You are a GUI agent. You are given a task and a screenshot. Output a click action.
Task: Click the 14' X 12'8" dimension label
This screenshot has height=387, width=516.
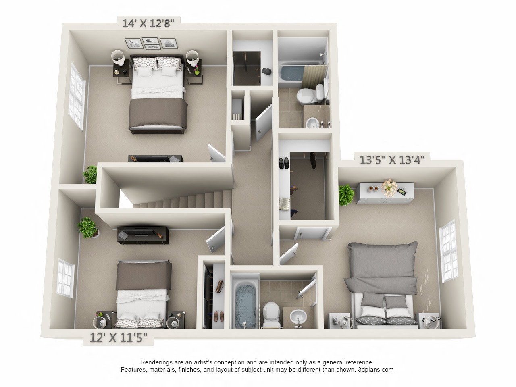[148, 23]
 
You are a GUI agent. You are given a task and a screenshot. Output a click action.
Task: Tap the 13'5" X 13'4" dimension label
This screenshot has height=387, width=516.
[392, 160]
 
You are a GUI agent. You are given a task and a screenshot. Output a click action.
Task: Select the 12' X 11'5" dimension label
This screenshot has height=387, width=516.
[118, 338]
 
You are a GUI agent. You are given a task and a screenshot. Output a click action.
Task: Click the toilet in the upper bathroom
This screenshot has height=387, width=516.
[310, 94]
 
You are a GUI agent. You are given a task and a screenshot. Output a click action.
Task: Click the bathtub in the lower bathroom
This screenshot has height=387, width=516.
[245, 305]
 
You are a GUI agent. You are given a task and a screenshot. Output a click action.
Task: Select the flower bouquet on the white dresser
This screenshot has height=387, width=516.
[389, 187]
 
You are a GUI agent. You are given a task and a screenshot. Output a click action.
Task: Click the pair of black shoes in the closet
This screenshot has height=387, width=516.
[284, 163]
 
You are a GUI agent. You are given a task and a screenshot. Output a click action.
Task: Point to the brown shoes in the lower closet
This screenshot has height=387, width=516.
[219, 316]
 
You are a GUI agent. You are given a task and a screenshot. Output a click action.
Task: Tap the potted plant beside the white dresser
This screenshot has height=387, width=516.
[346, 195]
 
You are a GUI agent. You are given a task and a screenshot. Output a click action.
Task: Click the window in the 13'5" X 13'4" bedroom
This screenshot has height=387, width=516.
[448, 251]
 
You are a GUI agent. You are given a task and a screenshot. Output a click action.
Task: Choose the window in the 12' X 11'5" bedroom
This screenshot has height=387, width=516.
[65, 278]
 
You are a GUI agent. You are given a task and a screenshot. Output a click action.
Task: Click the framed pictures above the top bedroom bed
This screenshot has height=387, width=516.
[151, 44]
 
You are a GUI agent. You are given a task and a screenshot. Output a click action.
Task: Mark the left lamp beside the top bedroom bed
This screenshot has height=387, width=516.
[118, 58]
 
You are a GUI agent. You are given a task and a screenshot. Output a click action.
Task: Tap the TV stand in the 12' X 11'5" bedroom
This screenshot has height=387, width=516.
[143, 235]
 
